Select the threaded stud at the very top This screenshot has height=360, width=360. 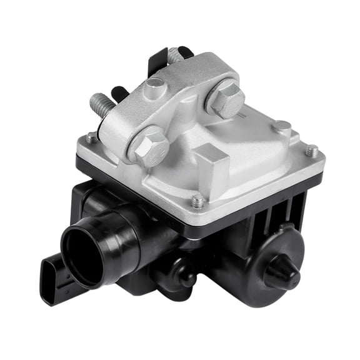coord(176,55)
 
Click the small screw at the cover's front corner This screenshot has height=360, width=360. coord(198,201)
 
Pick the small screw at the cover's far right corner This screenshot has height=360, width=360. coord(311,150)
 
